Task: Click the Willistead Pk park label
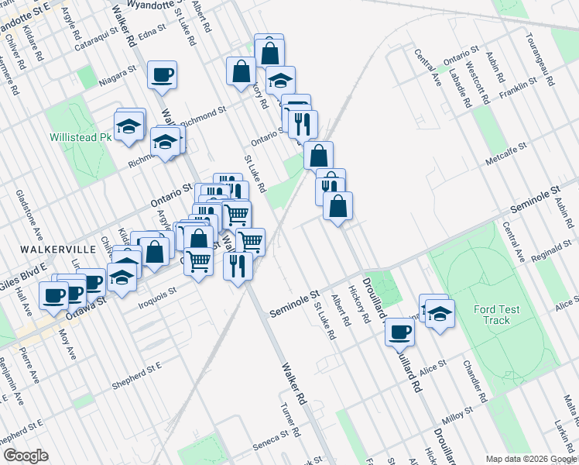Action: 81,137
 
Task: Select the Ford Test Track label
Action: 492,315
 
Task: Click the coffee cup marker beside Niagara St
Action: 163,75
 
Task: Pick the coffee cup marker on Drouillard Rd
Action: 399,332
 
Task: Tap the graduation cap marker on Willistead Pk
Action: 129,124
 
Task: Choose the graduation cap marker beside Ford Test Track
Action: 440,314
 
